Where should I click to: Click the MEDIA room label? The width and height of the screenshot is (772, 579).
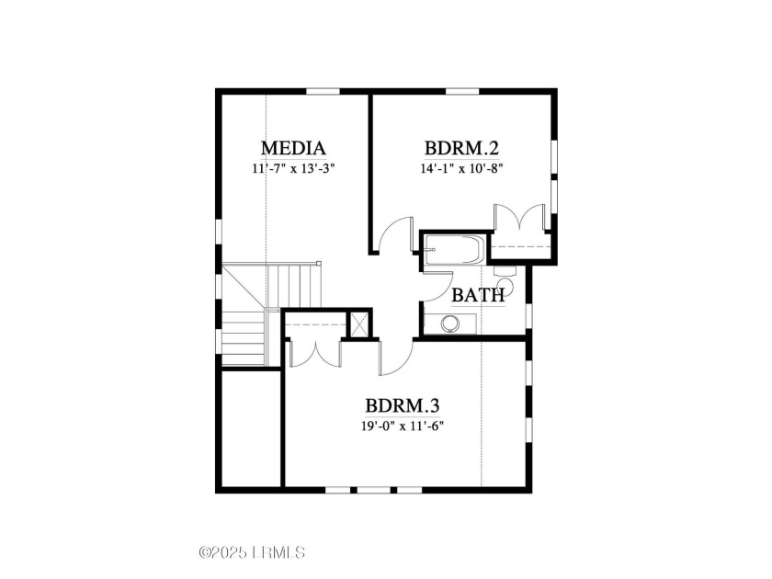(293, 148)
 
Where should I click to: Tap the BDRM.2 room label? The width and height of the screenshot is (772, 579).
(461, 148)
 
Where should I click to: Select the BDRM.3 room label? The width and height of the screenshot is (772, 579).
(403, 406)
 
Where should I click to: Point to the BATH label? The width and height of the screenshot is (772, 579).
(478, 295)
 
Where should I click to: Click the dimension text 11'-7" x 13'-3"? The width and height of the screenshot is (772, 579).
(293, 168)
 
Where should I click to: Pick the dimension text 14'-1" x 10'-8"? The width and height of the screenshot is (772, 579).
(461, 168)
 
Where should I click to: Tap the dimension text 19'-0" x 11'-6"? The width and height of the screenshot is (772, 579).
(403, 426)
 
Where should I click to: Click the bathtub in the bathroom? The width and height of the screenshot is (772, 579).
(455, 250)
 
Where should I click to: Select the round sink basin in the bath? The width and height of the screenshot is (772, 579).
(450, 324)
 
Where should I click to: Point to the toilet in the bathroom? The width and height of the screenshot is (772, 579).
(505, 279)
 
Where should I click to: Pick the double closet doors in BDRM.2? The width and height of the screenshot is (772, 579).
(520, 217)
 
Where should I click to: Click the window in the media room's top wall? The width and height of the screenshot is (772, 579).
(323, 91)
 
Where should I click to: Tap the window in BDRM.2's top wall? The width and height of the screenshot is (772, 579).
(462, 91)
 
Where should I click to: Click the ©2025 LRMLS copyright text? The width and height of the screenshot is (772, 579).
(252, 552)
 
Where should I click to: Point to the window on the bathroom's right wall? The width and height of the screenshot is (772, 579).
(529, 316)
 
